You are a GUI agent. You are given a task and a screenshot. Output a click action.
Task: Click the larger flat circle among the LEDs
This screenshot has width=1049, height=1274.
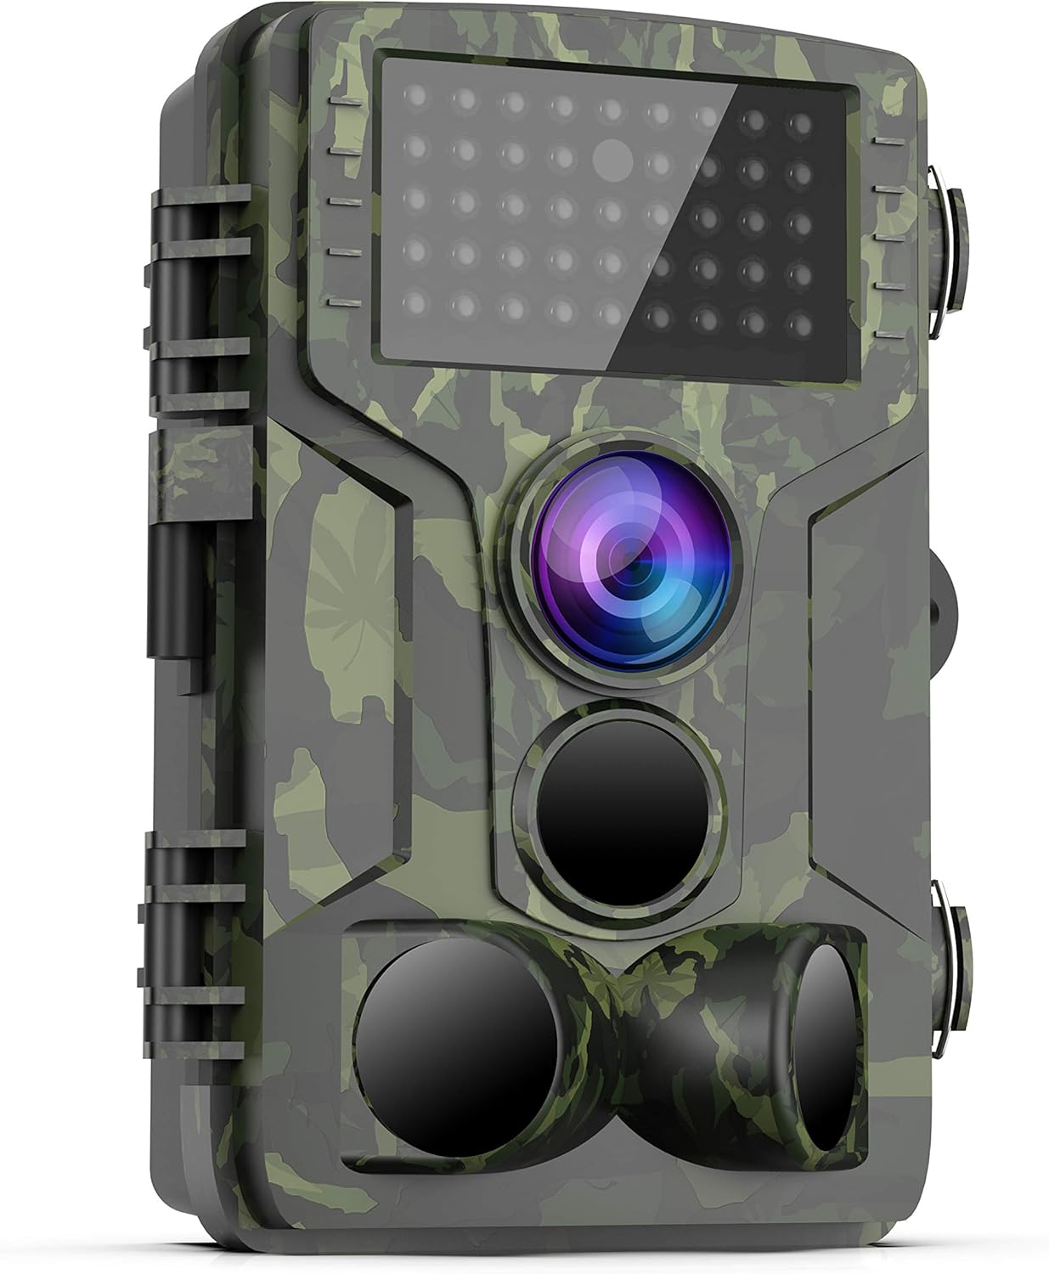pos(613,155)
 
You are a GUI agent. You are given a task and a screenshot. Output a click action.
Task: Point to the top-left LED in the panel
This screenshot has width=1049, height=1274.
pos(418,100)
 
